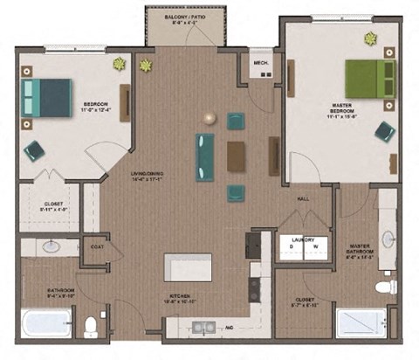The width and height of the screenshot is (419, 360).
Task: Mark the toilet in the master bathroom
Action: coord(385,287)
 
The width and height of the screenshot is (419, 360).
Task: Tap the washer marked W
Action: coord(315,247)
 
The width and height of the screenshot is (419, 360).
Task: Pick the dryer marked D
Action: coord(292,247)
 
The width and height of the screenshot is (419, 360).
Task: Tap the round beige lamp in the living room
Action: coord(209,118)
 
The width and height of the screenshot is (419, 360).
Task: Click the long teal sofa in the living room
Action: coord(205,156)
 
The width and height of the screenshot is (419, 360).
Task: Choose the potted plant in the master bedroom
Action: coord(370,38)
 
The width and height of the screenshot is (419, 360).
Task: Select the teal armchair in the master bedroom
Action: coord(384,132)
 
